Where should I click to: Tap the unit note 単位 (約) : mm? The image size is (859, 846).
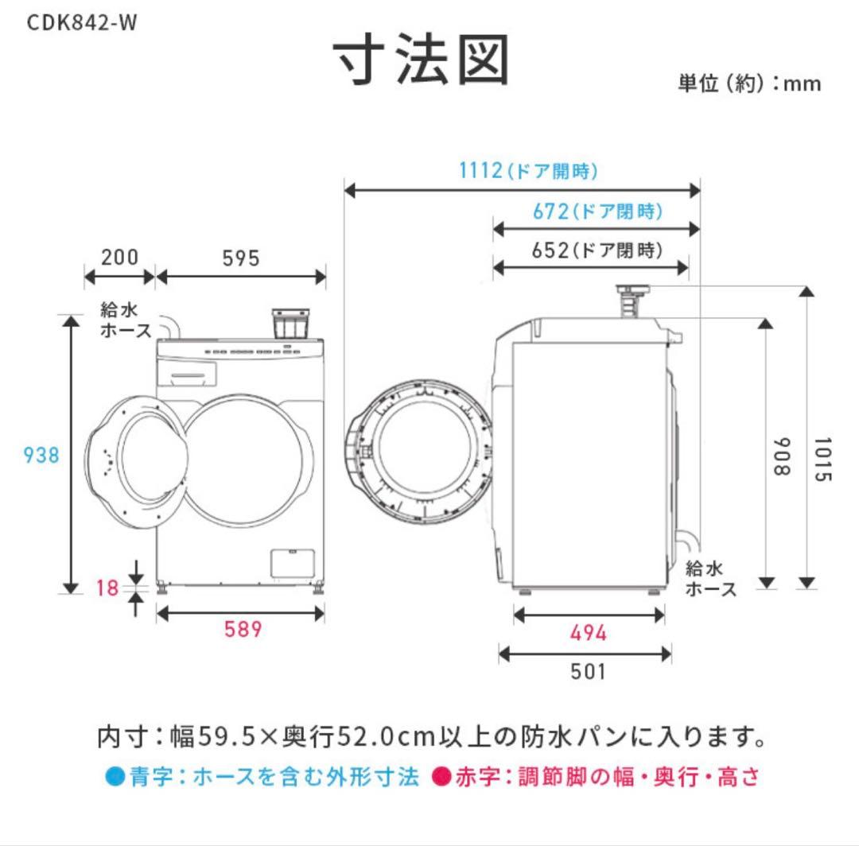(748, 83)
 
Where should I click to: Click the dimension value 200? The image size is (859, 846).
(119, 258)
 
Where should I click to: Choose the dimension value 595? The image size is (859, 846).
(241, 258)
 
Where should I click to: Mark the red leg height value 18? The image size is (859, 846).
(107, 588)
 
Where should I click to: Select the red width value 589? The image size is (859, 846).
(242, 630)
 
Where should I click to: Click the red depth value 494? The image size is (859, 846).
(589, 633)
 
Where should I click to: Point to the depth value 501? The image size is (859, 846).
(589, 672)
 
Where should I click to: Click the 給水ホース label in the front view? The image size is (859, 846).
(125, 320)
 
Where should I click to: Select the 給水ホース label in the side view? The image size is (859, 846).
(710, 578)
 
